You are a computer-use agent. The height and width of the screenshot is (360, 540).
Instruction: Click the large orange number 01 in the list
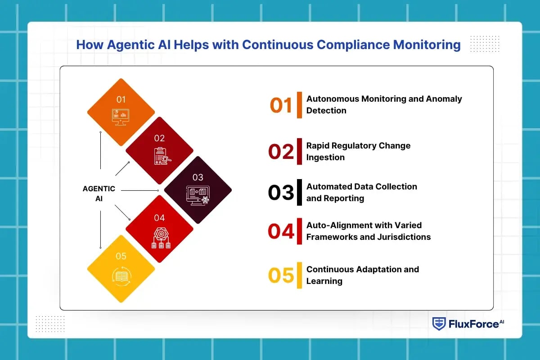[281, 105]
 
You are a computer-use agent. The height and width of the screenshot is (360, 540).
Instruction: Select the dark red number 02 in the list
[281, 152]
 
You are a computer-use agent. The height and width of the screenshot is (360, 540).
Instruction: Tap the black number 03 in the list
[281, 192]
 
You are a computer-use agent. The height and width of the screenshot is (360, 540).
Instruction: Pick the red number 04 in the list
[281, 231]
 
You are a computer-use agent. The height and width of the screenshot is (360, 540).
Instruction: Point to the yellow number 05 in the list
[281, 275]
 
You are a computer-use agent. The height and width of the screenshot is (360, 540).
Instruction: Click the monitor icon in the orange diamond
[121, 117]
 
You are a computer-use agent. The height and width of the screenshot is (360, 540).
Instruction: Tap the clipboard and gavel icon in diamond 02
[160, 156]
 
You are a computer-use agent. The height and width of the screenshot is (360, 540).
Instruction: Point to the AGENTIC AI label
[99, 193]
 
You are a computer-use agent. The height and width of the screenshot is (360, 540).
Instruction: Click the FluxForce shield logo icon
[439, 324]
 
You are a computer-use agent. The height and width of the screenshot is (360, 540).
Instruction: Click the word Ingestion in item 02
[325, 157]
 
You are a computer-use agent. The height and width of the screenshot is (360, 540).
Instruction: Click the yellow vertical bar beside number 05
[299, 275]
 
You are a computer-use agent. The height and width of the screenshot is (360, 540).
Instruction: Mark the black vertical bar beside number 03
[299, 192]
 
